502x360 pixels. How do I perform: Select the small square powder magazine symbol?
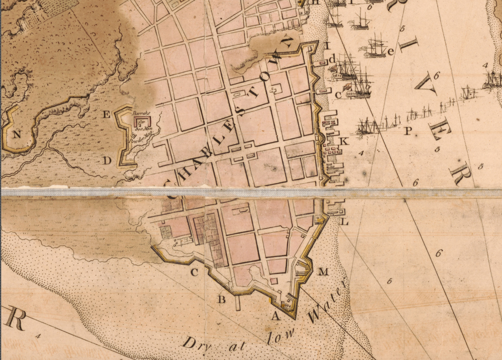134,135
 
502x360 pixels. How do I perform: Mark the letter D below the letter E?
107,160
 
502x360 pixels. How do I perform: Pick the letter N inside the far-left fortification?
17,134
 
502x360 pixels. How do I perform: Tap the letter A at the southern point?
276,316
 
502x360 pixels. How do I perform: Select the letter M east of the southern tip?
323,272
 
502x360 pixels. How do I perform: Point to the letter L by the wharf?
344,221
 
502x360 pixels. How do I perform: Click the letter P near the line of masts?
407,131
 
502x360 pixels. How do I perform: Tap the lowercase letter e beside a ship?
391,52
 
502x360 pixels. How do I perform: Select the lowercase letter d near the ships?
332,60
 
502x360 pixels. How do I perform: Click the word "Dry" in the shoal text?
194,344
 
